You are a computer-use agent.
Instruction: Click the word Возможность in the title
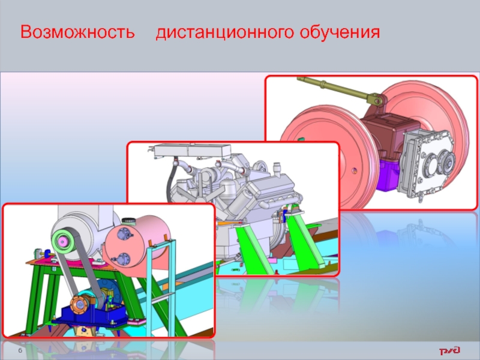(x=77, y=32)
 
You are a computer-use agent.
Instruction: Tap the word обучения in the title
(x=340, y=32)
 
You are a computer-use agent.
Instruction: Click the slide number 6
(x=20, y=350)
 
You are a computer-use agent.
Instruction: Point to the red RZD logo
(x=449, y=350)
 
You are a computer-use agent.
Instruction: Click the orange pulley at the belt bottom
(x=80, y=304)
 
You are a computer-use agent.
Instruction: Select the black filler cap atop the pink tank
(x=128, y=221)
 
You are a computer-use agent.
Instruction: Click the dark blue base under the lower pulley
(x=92, y=314)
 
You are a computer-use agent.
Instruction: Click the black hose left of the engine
(x=171, y=181)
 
